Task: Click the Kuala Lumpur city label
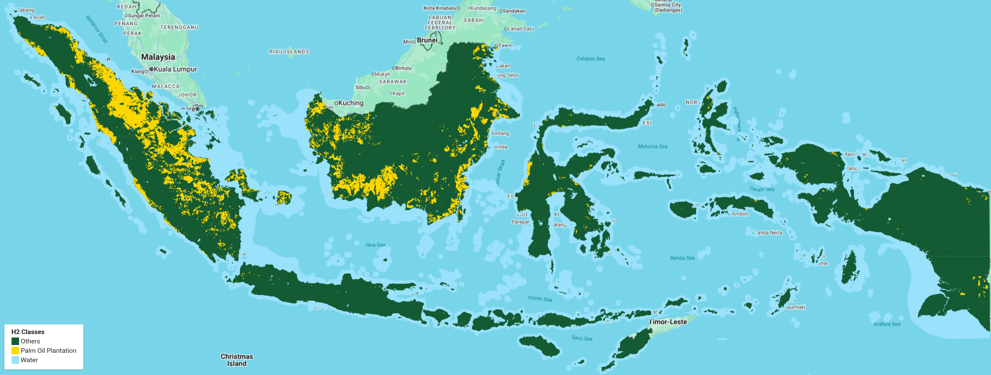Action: tap(175, 69)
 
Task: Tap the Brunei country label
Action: tap(427, 40)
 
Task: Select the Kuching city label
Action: tap(350, 103)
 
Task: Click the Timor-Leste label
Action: tap(668, 322)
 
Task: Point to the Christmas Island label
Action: tap(237, 360)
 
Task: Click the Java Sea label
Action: tap(374, 245)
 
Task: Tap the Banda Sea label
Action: tap(682, 258)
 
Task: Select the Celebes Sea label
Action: tap(590, 59)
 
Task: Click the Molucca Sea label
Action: tap(653, 146)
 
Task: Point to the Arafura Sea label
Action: tap(886, 324)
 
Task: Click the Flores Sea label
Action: tap(540, 298)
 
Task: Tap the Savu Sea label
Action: tap(581, 338)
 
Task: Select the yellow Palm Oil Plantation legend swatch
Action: tap(15, 350)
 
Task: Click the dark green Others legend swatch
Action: tap(15, 341)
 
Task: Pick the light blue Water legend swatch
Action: tap(15, 360)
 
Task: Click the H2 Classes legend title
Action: tap(28, 332)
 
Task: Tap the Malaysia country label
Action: tap(158, 57)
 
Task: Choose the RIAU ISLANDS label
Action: tap(289, 52)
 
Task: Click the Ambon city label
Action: tap(740, 214)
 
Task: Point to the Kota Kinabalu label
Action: tap(440, 8)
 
